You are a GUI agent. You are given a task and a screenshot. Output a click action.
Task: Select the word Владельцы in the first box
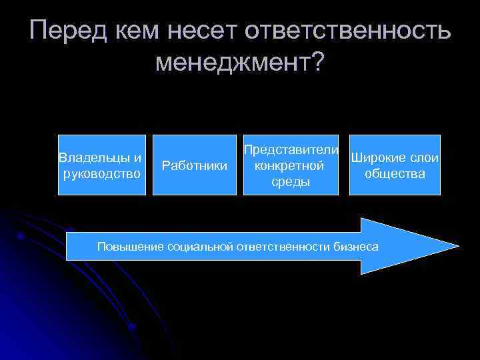(95, 158)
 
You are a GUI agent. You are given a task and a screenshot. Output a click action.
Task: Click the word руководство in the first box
(101, 174)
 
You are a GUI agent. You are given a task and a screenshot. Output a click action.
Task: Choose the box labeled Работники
(195, 165)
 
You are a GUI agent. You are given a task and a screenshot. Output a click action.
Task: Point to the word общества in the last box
(395, 174)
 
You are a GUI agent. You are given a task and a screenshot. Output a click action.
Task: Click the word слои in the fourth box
(425, 158)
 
